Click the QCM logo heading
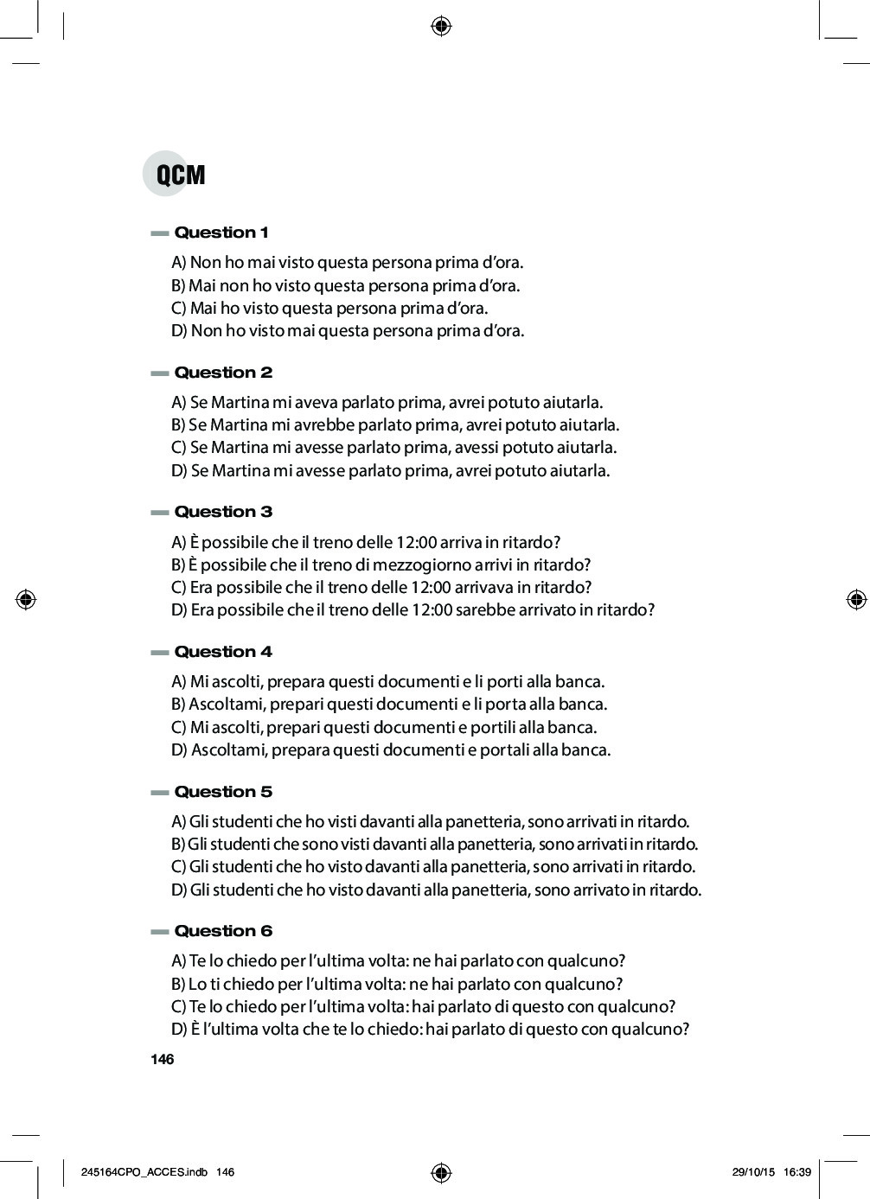pos(176,174)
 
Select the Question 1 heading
pos(221,233)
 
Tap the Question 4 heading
pos(223,652)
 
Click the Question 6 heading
pos(223,931)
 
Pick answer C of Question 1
pos(329,308)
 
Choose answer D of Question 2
pos(391,470)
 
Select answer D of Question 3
pos(413,609)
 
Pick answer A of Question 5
pos(430,820)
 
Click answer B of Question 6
pos(397,984)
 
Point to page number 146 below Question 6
pos(162,1060)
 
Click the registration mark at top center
pos(441,26)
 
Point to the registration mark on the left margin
pos(26,598)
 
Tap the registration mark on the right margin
pos(855,598)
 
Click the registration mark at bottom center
pos(441,1172)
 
